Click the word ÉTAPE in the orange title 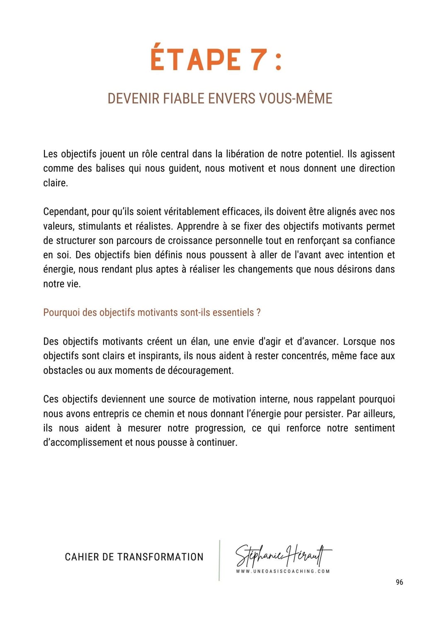[x=195, y=60]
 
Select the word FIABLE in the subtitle [x=184, y=98]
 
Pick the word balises [x=110, y=169]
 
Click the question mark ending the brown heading [x=258, y=313]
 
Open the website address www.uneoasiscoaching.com [x=283, y=571]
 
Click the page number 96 [x=399, y=582]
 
